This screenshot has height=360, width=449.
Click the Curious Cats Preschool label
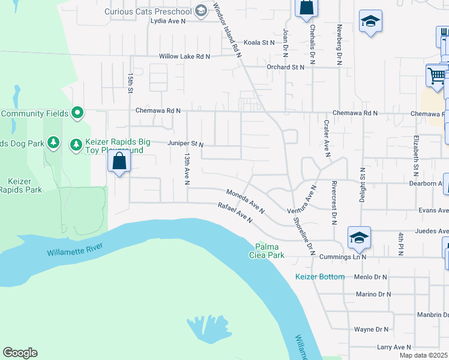point(147,11)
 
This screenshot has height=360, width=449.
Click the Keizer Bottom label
point(320,277)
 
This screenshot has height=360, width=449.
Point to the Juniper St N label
point(185,145)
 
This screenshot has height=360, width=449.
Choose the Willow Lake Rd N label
point(184,56)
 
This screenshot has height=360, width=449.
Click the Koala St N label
point(258,43)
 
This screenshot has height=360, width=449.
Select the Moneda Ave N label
point(246,202)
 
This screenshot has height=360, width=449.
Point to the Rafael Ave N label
point(235,213)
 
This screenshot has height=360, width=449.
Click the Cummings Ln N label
point(344,257)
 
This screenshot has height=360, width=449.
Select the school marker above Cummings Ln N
point(359,238)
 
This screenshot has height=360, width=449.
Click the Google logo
point(20,353)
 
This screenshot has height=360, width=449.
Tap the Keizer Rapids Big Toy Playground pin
point(76,145)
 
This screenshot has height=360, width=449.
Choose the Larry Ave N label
point(394,347)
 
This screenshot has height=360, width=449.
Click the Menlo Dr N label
point(373,277)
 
